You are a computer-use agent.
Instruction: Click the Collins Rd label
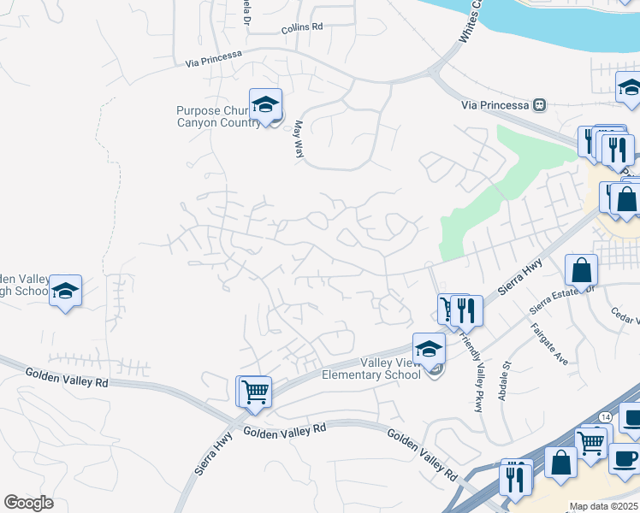click(302, 27)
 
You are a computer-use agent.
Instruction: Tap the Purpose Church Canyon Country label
click(218, 116)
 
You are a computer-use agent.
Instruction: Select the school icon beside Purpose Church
click(266, 105)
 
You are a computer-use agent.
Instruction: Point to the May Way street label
click(299, 138)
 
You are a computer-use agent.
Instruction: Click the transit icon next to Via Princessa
click(539, 105)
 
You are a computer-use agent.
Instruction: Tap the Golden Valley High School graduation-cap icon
click(65, 292)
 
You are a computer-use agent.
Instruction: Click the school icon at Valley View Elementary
click(429, 349)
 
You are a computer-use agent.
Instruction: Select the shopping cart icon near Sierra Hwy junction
click(255, 392)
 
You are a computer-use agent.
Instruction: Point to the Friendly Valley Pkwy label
click(472, 372)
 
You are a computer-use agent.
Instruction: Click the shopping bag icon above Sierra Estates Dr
click(581, 271)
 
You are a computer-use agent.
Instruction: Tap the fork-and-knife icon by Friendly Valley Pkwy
click(466, 310)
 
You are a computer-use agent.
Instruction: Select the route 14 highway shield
click(605, 416)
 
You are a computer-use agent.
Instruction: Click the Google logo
click(29, 503)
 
